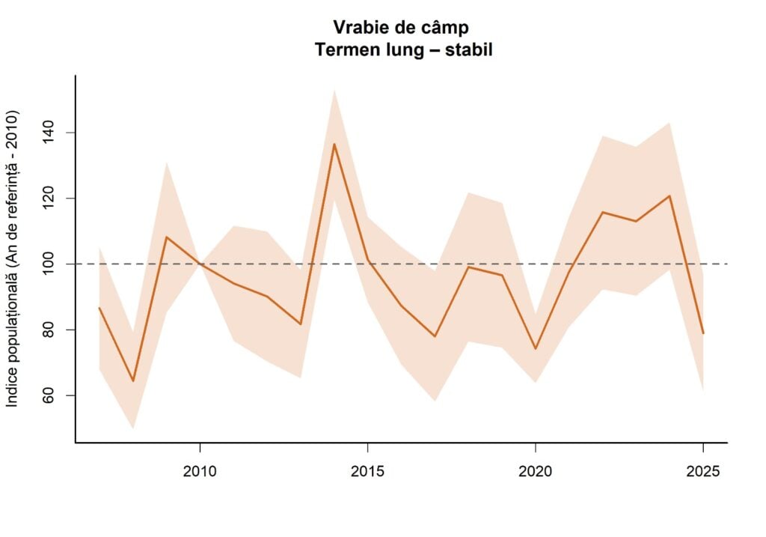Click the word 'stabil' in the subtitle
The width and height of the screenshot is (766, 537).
[x=467, y=50]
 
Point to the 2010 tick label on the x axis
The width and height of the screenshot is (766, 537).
[x=200, y=472]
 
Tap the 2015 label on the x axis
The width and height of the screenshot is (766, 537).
[x=367, y=472]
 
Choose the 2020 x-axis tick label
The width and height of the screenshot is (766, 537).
[x=536, y=472]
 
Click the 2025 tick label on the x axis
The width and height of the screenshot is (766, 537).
[x=703, y=472]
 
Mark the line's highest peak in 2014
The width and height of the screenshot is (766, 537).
[x=334, y=144]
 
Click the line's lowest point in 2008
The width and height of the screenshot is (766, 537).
[x=133, y=381]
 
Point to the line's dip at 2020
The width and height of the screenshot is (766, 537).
[x=536, y=349]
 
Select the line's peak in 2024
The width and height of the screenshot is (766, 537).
[x=670, y=196]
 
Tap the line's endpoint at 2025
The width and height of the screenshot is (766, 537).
[x=703, y=333]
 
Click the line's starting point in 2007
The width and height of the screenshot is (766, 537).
[x=99, y=308]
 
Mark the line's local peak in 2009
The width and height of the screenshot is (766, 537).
[x=166, y=237]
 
